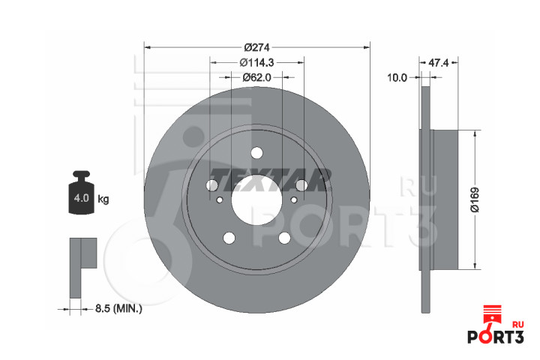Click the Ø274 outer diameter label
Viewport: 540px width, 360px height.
pyautogui.click(x=256, y=46)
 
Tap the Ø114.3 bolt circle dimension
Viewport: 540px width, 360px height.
pyautogui.click(x=257, y=62)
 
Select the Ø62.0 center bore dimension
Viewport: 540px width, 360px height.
pyautogui.click(x=257, y=77)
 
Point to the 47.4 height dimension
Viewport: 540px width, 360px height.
pyautogui.click(x=439, y=63)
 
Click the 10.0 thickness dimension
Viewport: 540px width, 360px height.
pyautogui.click(x=397, y=78)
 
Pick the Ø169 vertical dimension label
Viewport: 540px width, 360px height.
pyautogui.click(x=475, y=199)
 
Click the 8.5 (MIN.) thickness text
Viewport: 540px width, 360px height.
pyautogui.click(x=118, y=308)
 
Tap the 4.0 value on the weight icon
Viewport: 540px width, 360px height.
pyautogui.click(x=81, y=198)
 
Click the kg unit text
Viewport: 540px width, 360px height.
pyautogui.click(x=103, y=199)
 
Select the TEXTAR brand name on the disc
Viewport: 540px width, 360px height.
pyautogui.click(x=270, y=180)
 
